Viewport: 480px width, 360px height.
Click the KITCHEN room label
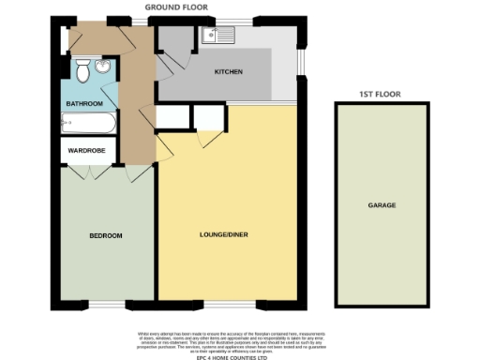click(229, 72)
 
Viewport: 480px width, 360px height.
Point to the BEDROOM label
click(106, 234)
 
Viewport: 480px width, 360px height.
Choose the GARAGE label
click(382, 204)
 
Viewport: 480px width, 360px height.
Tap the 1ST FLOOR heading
click(382, 95)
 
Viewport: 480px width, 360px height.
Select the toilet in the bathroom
click(82, 69)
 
